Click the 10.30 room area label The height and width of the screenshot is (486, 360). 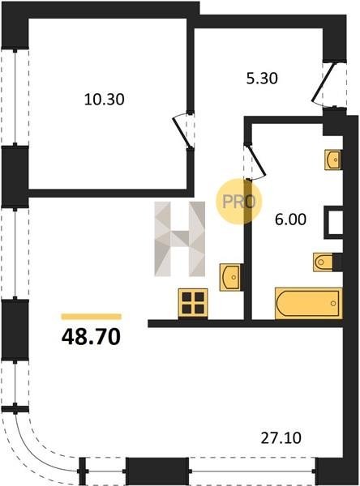[x=105, y=100]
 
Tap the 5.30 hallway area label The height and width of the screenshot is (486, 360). [x=262, y=79]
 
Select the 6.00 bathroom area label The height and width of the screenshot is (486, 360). [x=290, y=220]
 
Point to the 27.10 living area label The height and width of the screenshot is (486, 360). [x=281, y=438]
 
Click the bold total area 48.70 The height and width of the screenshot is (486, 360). [x=91, y=337]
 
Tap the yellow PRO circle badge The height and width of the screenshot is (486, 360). [x=239, y=202]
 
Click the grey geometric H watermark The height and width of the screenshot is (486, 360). [x=180, y=239]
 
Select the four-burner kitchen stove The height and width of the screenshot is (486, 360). [x=193, y=303]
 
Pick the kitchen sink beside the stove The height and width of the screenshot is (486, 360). [x=230, y=277]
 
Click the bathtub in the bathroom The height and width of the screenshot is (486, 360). [x=308, y=303]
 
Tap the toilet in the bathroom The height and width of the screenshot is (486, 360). [x=324, y=262]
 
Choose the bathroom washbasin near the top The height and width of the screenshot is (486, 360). [x=332, y=160]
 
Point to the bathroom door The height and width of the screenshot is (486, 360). [x=255, y=161]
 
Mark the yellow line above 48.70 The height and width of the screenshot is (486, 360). [x=92, y=317]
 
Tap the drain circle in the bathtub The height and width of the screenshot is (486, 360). [x=333, y=303]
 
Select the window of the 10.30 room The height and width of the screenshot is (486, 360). [x=15, y=97]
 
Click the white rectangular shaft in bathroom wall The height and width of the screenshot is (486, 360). [x=334, y=222]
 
